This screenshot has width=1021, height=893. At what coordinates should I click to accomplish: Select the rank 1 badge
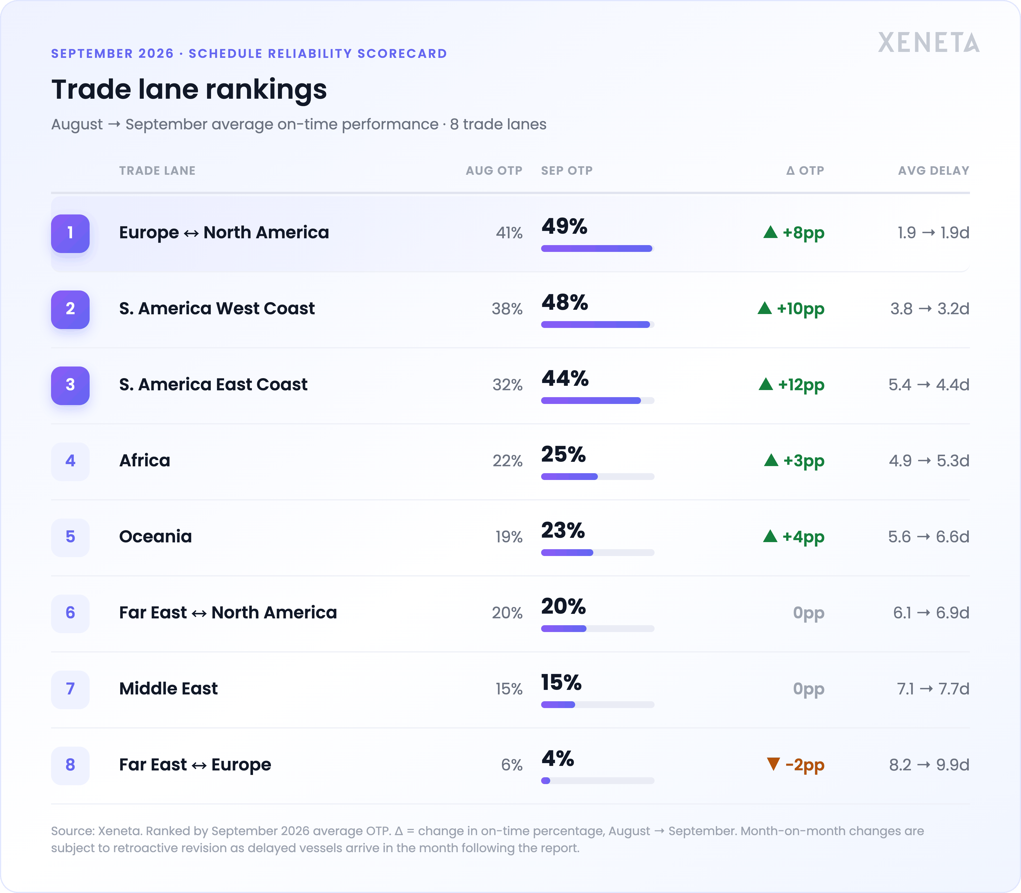(x=70, y=233)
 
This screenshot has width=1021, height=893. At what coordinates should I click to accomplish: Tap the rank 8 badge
(x=70, y=765)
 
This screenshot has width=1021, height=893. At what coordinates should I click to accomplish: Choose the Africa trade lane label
(x=145, y=460)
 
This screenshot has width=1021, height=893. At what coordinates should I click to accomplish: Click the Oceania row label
(x=155, y=537)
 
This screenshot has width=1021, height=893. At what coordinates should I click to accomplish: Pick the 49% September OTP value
(x=565, y=226)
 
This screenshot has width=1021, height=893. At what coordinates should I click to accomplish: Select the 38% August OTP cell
(x=507, y=309)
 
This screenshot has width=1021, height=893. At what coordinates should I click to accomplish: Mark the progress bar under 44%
(x=598, y=401)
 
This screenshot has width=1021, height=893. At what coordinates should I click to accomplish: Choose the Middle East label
(x=168, y=689)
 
